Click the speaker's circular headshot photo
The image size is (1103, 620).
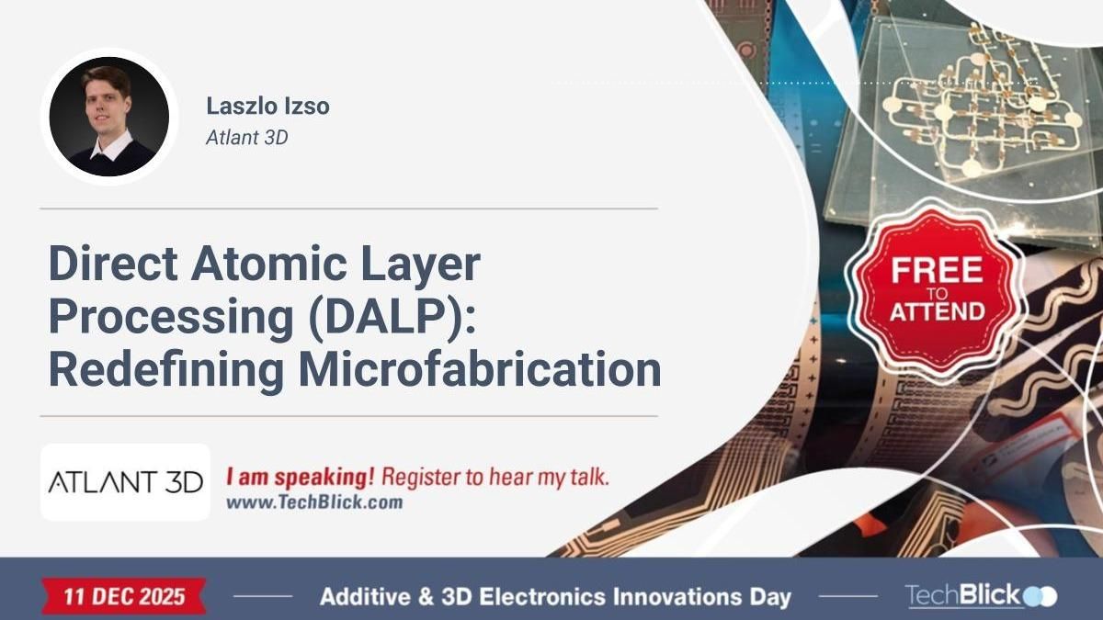point(108,117)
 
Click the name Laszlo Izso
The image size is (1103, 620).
point(267,107)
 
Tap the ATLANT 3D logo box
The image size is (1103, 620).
point(125,482)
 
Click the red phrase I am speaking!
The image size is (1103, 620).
point(301,478)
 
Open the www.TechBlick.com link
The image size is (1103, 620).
point(313,503)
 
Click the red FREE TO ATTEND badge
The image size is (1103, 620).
point(936,289)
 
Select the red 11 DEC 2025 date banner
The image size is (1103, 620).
point(124,596)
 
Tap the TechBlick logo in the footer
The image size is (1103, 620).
point(980,596)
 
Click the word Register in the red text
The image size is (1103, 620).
point(418,478)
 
